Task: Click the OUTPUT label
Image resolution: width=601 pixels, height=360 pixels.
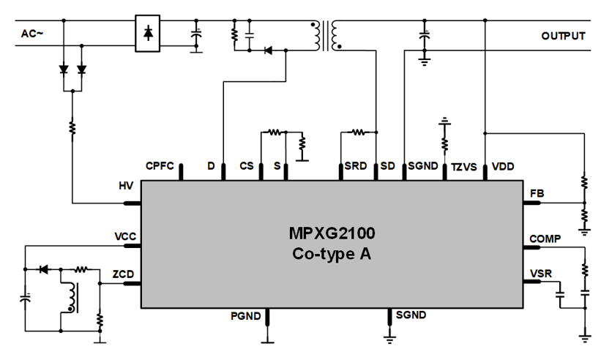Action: coord(563,35)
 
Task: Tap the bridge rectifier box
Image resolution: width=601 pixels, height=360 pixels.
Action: coord(149,34)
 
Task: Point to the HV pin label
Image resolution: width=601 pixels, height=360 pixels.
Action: coord(126,187)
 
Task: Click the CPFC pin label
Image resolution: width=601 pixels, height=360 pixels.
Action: coord(160,166)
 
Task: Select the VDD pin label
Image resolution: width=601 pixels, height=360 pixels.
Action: coord(503,167)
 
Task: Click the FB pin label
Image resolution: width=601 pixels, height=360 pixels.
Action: coord(537,193)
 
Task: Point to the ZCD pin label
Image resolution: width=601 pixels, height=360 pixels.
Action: coord(122,274)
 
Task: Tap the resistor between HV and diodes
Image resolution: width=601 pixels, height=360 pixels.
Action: coord(72,128)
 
